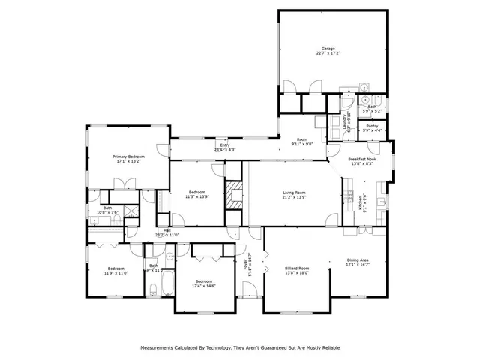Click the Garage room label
pos(328,49)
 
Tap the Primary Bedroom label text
pos(128,156)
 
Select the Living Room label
pos(294,193)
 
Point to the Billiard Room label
pos(297,267)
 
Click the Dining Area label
pos(358,260)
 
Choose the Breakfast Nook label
pos(362,159)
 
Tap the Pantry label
pos(372,126)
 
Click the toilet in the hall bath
pos(152,289)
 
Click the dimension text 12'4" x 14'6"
pos(204,286)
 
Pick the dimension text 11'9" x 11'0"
pos(115,272)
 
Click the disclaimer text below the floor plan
pos(240,348)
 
